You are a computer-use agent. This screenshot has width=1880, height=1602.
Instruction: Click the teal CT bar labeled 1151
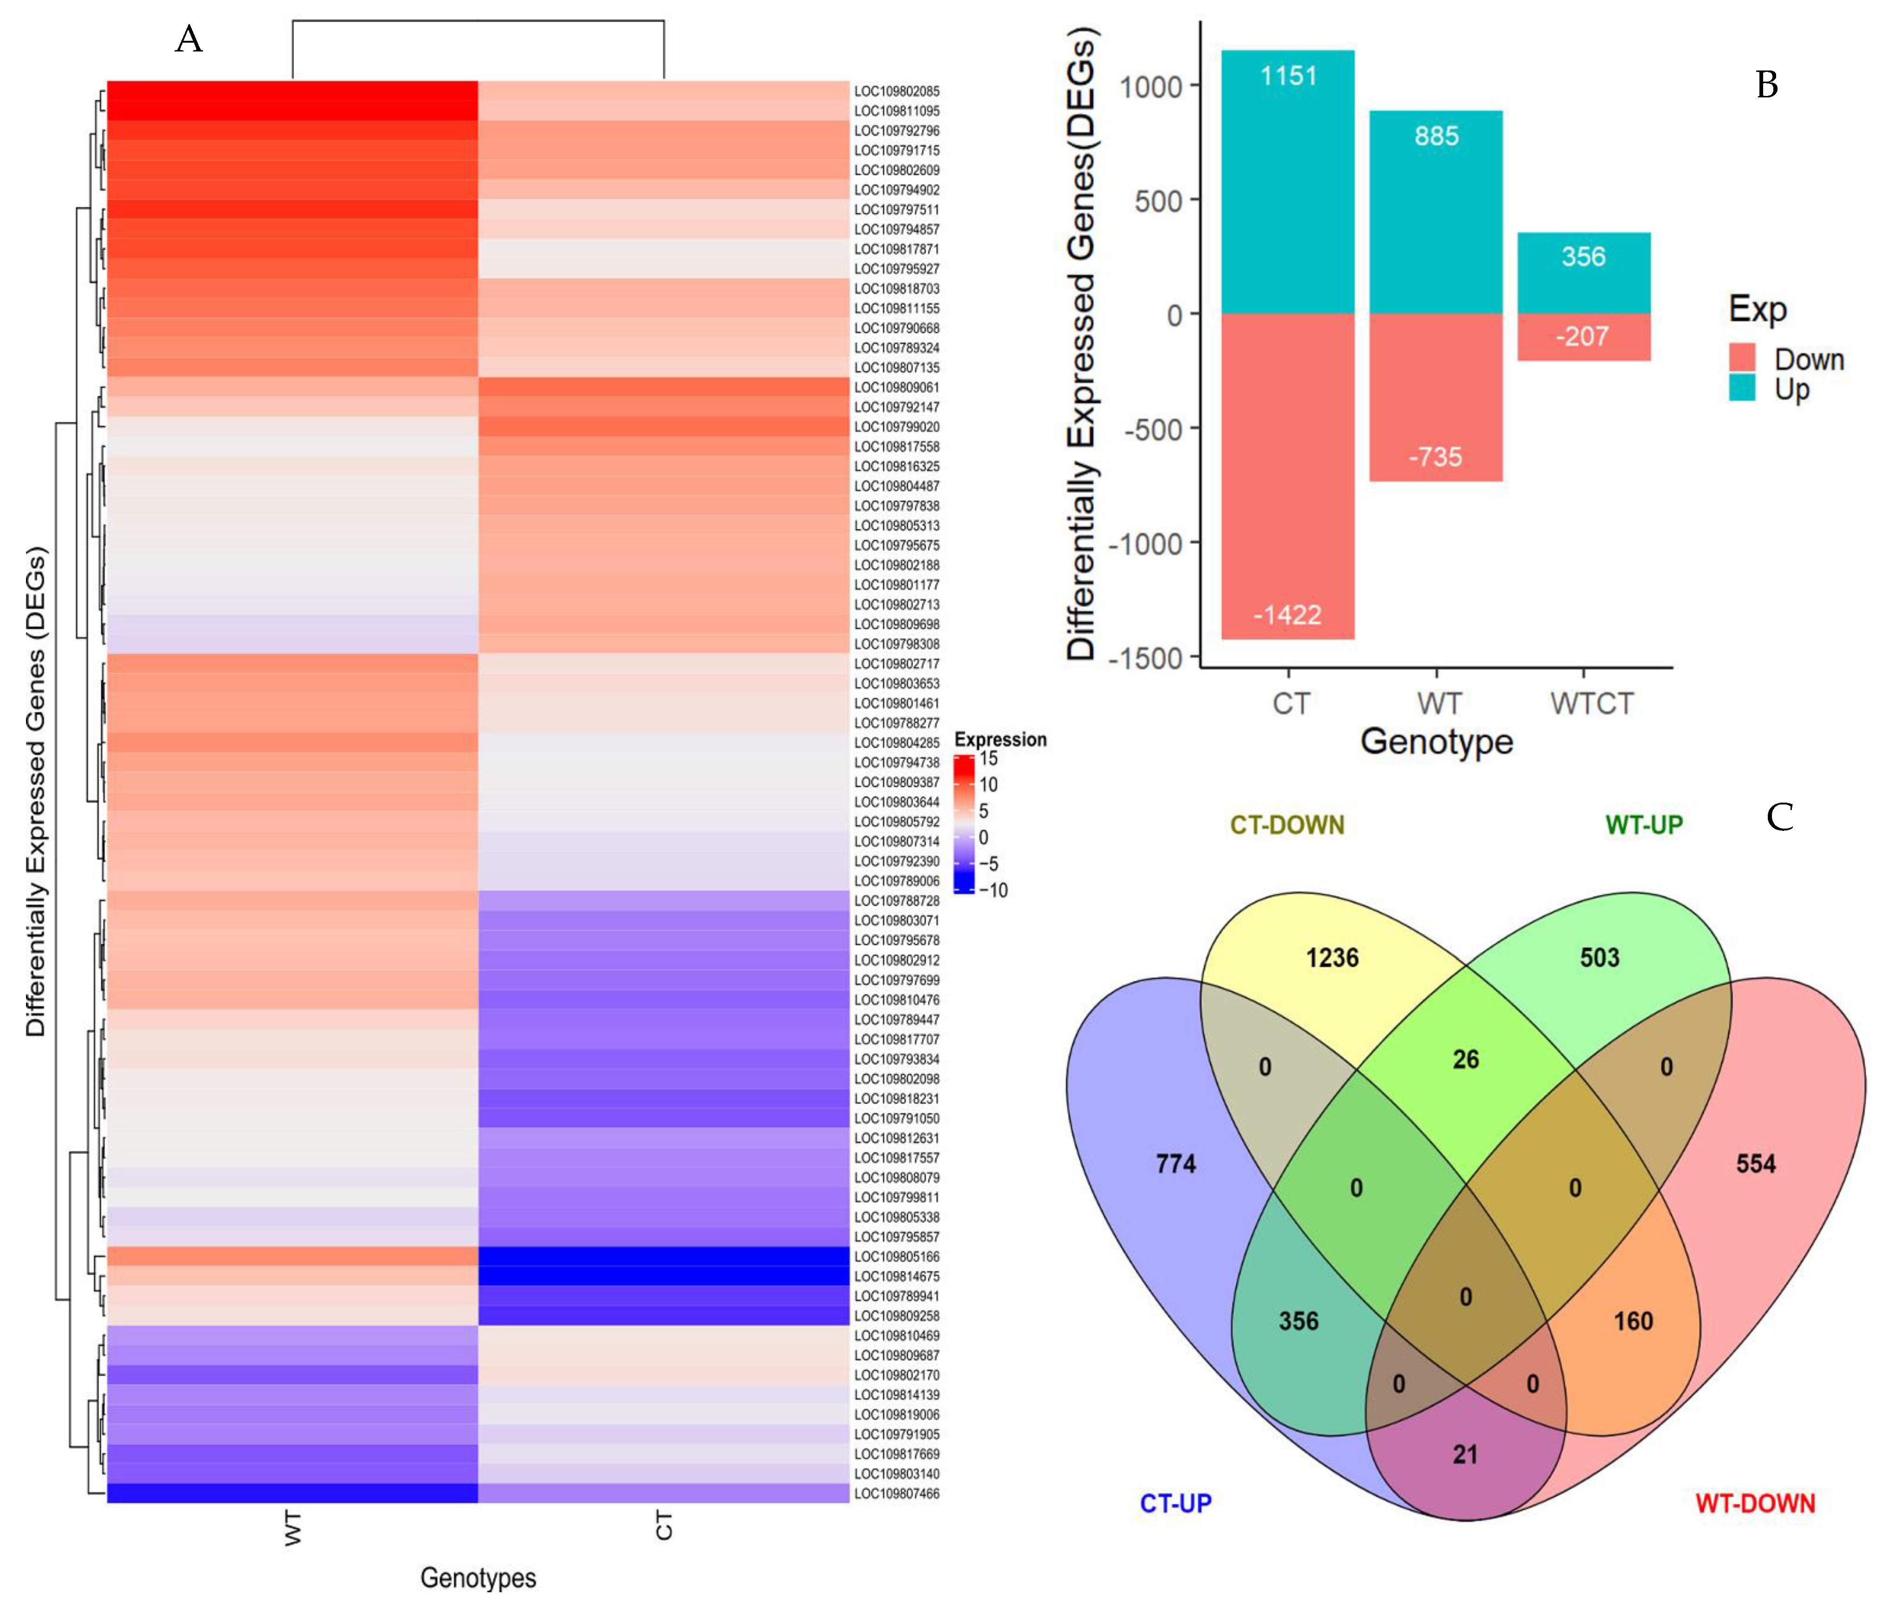tap(1287, 181)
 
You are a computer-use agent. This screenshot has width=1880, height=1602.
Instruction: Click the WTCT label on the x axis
tap(1592, 704)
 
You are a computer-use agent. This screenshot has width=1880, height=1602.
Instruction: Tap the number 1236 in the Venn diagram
tap(1332, 958)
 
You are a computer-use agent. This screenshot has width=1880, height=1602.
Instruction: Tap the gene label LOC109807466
tap(896, 1493)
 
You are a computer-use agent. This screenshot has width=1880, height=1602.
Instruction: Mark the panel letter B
tap(1765, 85)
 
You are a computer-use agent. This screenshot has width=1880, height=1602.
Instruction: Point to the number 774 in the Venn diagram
tap(1176, 1164)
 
